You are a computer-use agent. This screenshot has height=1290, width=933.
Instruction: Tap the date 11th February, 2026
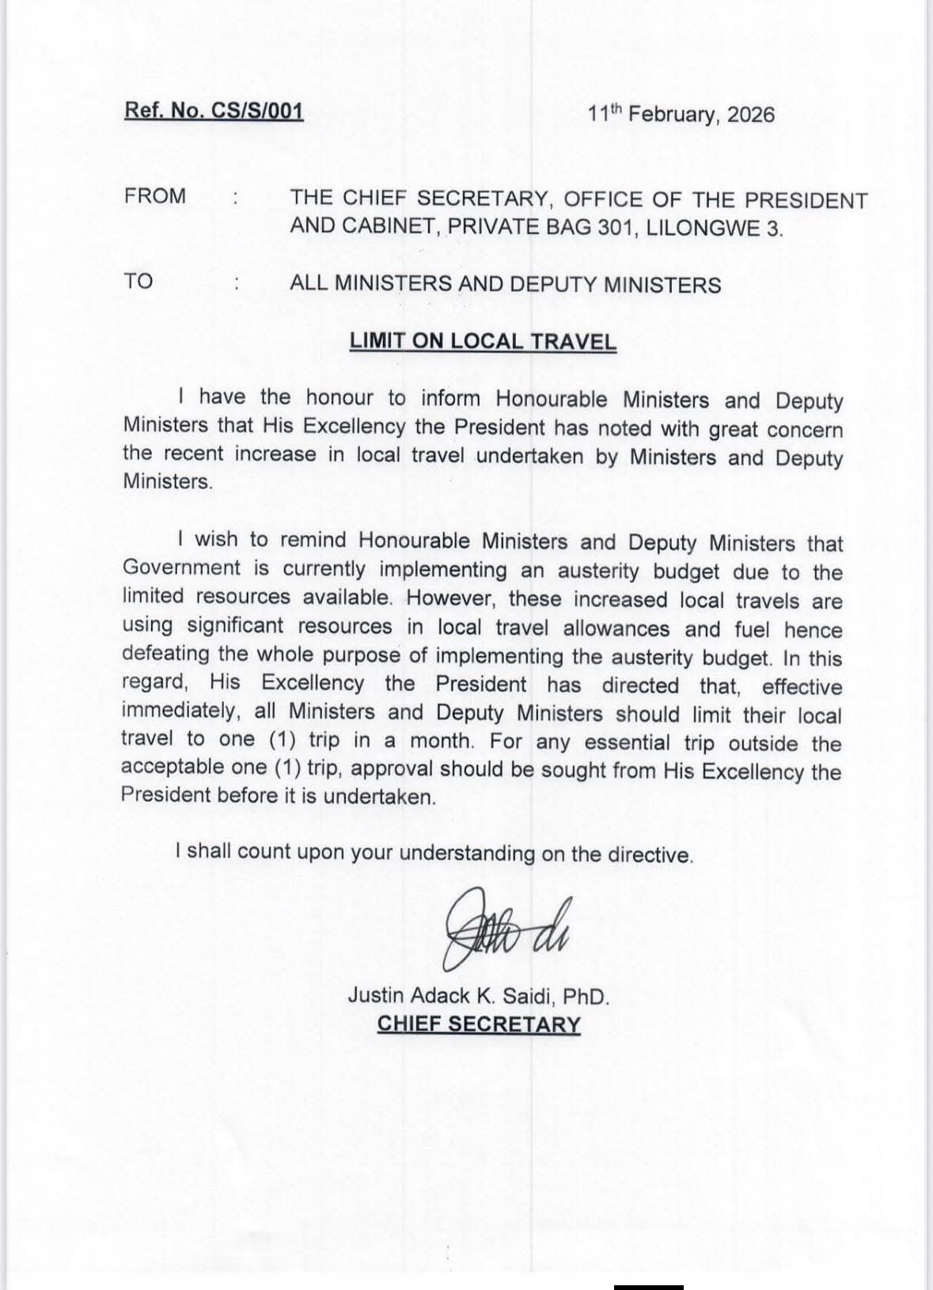681,114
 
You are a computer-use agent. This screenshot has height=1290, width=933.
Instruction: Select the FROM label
155,196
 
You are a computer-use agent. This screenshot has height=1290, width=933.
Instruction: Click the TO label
138,281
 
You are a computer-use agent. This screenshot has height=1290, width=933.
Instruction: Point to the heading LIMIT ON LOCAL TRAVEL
483,342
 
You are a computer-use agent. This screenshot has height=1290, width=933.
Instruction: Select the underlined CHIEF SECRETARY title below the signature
479,1023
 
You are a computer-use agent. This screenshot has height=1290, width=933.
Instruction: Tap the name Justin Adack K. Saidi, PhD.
479,996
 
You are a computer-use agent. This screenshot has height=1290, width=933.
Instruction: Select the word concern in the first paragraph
810,431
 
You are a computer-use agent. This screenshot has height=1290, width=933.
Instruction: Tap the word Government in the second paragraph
181,567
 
